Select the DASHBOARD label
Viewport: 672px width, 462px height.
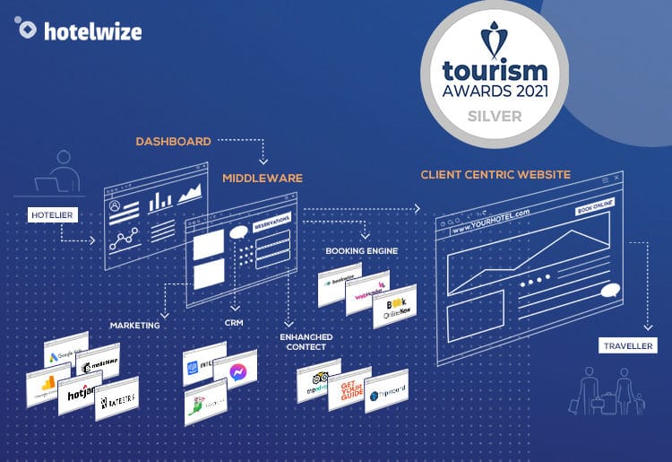(173, 142)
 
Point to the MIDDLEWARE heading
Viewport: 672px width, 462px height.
(263, 179)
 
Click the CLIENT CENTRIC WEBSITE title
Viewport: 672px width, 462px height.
(495, 174)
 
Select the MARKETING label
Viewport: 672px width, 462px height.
(134, 325)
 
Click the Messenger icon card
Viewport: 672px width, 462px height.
(236, 368)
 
